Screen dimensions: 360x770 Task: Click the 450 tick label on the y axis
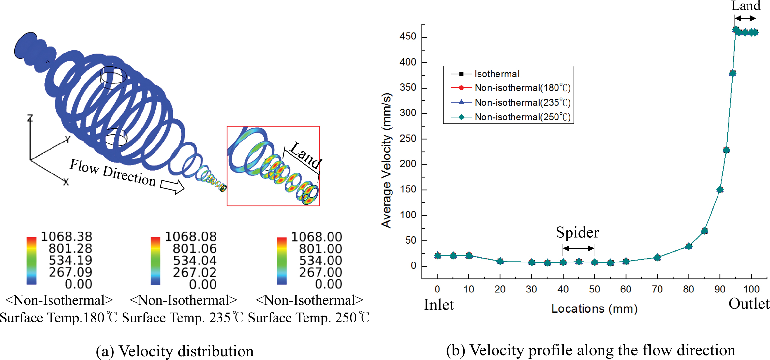(x=408, y=37)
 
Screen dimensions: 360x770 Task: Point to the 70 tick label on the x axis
(x=657, y=289)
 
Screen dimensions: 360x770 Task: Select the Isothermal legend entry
(x=496, y=74)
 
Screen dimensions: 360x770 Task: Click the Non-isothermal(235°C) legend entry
(x=522, y=103)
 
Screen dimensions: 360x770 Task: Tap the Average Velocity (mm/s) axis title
(x=387, y=160)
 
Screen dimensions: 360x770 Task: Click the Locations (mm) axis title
(x=594, y=309)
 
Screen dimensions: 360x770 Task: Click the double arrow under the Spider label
(x=578, y=249)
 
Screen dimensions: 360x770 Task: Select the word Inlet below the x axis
(x=439, y=305)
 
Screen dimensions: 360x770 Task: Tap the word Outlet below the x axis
(x=749, y=304)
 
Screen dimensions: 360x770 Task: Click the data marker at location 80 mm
(x=689, y=246)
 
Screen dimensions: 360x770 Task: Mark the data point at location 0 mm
(x=437, y=255)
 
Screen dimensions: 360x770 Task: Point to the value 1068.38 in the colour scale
(x=67, y=237)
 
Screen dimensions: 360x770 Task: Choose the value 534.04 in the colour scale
(x=195, y=261)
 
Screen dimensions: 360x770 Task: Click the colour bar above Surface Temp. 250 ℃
(x=282, y=261)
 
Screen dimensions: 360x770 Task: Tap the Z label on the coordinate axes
(x=30, y=118)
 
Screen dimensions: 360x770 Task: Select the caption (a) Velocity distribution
(x=175, y=351)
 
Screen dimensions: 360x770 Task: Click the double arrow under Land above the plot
(x=745, y=18)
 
